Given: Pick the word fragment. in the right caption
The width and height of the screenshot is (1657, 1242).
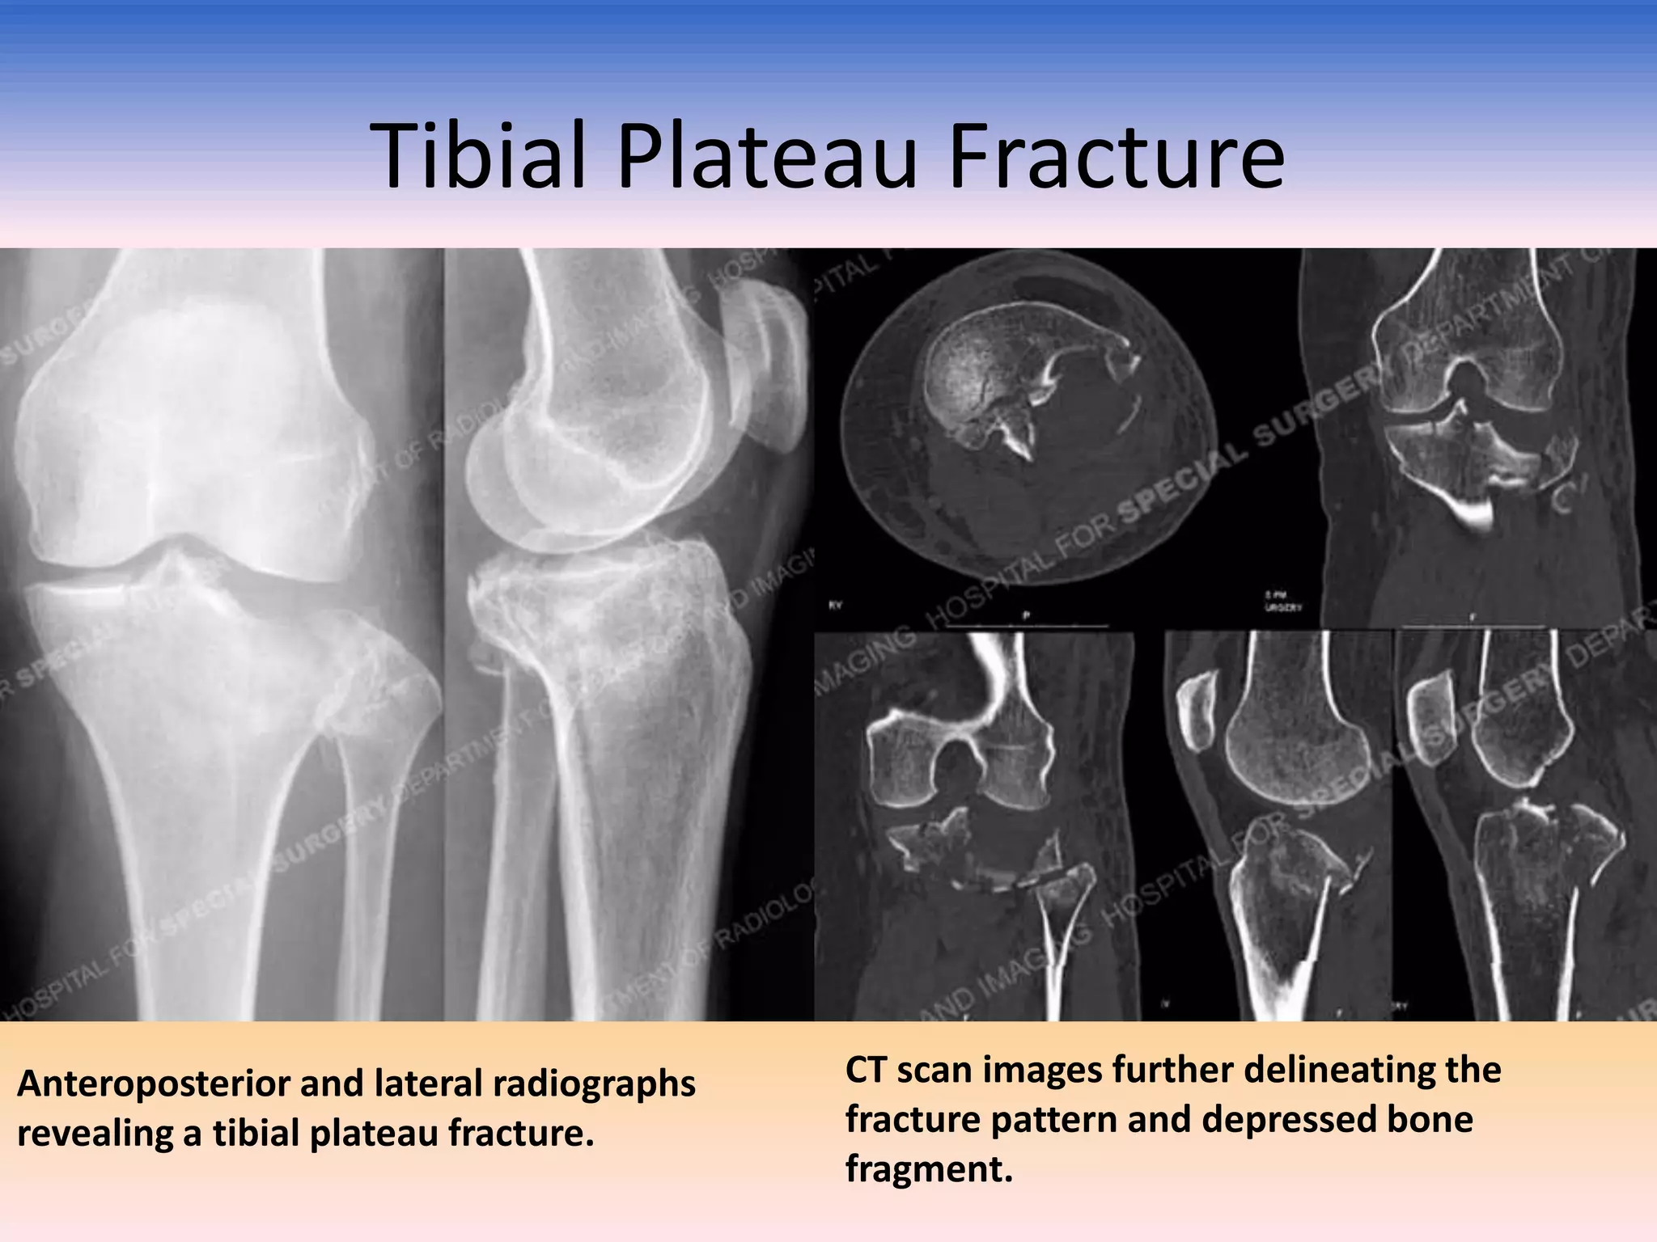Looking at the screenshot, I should click(x=929, y=1168).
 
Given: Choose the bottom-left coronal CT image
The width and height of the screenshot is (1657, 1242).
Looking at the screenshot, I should click(x=975, y=825).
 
